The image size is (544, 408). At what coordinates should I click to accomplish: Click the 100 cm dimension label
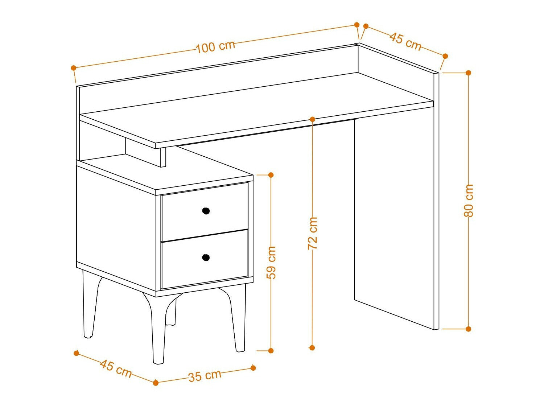pos(215,46)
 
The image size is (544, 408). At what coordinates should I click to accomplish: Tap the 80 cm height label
pos(468,201)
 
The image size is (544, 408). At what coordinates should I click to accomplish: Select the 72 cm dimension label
pos(313,233)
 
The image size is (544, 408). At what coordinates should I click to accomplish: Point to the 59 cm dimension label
pos(271,263)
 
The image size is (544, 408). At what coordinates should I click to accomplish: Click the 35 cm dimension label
pos(205,376)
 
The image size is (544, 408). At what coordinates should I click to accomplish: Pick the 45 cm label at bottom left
pos(115,369)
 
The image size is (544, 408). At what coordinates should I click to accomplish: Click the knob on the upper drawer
pos(206,211)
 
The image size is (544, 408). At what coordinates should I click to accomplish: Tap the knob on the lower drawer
pos(206,257)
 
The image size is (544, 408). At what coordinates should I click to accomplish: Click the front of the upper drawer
pos(205,212)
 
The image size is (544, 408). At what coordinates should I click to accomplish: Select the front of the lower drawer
pos(205,259)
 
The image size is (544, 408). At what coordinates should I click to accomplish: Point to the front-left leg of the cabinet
pos(158,329)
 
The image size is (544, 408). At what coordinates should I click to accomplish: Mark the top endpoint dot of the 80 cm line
pos(468,73)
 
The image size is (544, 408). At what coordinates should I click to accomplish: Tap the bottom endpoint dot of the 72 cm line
pos(312,348)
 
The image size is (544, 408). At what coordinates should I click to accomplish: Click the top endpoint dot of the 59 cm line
pos(271,175)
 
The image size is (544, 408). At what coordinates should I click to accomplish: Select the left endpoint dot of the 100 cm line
pos(73,67)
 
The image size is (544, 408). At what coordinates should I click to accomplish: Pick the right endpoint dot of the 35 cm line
pos(253,368)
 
